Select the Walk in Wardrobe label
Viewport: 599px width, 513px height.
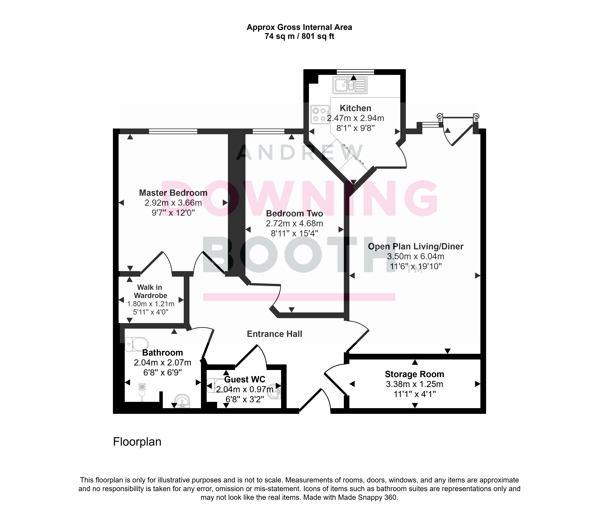(x=150, y=291)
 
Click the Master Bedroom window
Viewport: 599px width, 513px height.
(x=173, y=131)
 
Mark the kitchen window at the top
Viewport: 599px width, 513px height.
(x=355, y=72)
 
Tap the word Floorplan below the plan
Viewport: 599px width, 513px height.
(x=137, y=442)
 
